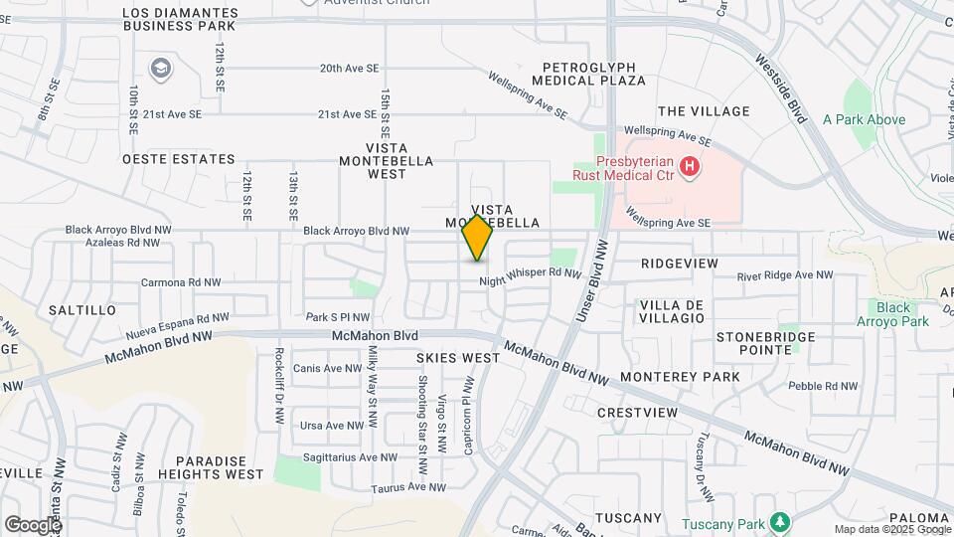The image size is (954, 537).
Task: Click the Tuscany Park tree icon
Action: pyautogui.click(x=781, y=522)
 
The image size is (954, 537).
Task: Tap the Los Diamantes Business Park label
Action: pyautogui.click(x=179, y=19)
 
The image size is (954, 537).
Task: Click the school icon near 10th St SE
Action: pyautogui.click(x=160, y=69)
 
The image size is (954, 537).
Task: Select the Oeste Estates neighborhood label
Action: pyautogui.click(x=179, y=159)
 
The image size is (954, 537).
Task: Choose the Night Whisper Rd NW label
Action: pyautogui.click(x=529, y=273)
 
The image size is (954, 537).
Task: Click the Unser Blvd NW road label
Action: pyautogui.click(x=589, y=286)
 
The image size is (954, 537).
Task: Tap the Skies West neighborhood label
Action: pyautogui.click(x=458, y=357)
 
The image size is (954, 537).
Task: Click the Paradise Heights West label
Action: pyautogui.click(x=220, y=467)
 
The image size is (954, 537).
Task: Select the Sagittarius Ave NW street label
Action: pyautogui.click(x=349, y=457)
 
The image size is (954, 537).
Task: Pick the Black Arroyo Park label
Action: pyautogui.click(x=893, y=314)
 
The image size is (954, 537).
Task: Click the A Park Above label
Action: pyautogui.click(x=864, y=120)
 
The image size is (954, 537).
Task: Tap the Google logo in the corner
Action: pyautogui.click(x=33, y=524)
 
